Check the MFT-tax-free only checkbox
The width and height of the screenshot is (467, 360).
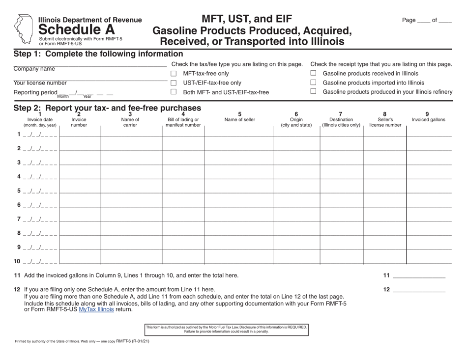[174, 74]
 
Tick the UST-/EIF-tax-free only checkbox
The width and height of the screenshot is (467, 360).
[174, 83]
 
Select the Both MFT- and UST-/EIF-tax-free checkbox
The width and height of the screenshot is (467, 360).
[174, 92]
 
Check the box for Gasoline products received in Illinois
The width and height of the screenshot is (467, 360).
[314, 74]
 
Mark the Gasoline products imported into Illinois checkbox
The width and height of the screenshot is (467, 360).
[314, 83]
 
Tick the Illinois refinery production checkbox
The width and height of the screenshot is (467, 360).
[314, 92]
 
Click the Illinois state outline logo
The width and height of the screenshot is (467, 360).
[23, 28]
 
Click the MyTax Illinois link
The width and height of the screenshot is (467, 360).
[96, 309]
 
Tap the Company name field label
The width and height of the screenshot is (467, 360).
[34, 69]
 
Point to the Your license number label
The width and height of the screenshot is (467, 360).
[40, 83]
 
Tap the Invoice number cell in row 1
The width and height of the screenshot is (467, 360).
[80, 135]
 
